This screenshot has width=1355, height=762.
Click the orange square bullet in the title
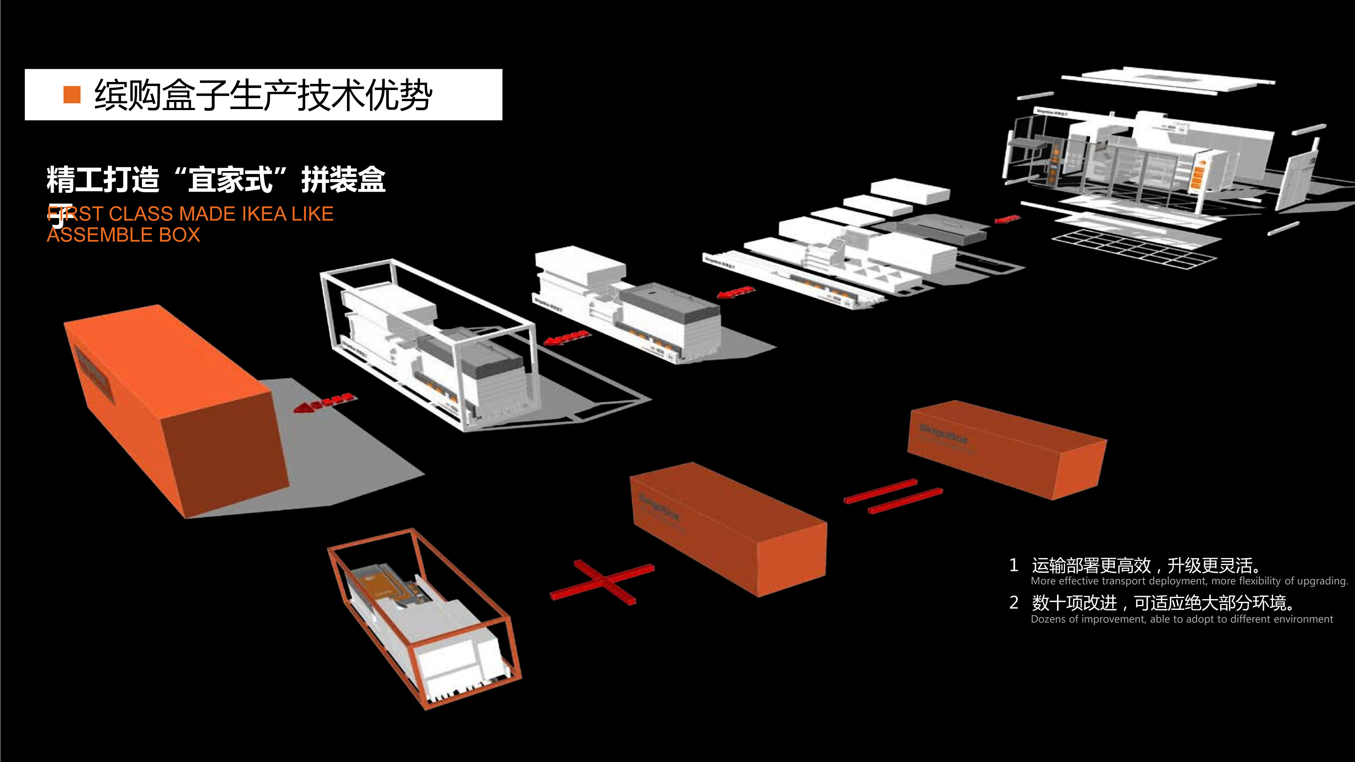tap(72, 95)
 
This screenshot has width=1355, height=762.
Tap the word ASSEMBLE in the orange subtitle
tap(100, 235)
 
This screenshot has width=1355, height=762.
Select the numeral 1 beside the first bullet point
tap(1014, 565)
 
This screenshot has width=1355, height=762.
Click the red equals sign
tap(893, 496)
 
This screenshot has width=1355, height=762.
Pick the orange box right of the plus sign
tap(729, 529)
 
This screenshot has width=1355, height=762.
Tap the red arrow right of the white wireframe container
tap(565, 337)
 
